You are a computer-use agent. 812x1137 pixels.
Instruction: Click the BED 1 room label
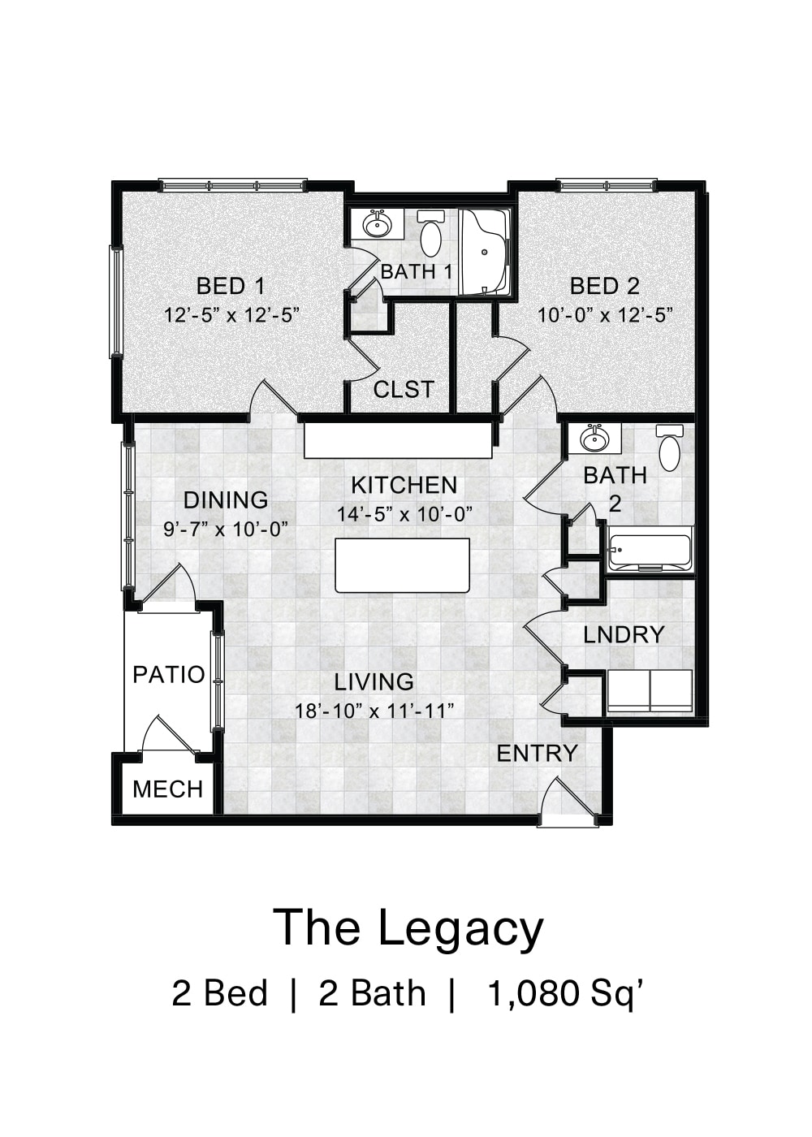[231, 286]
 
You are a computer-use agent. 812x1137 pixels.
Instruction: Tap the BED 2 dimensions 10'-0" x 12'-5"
[605, 315]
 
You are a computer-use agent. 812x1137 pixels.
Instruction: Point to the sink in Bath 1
[376, 223]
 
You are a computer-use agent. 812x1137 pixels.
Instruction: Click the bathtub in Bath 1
[484, 252]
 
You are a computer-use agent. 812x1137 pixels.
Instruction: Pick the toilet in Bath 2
[670, 448]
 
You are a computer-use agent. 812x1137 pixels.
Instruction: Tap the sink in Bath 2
[594, 439]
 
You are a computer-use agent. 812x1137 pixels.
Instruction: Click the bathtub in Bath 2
[650, 550]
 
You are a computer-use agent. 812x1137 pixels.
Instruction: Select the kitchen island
[403, 565]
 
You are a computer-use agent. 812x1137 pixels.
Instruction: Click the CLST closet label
[404, 390]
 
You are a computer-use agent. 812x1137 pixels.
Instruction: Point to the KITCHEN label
[404, 485]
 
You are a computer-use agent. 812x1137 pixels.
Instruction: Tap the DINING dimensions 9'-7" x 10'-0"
[226, 530]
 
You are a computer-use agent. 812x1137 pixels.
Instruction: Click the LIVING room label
[374, 681]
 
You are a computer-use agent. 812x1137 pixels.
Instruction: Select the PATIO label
[168, 674]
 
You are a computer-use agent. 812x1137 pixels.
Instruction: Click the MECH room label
[167, 789]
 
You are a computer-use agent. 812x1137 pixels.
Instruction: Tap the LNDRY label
[624, 634]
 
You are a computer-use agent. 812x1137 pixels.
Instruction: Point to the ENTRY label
[537, 754]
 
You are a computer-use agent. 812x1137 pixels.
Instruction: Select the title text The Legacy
[408, 927]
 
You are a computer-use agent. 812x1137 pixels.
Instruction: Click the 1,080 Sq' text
[567, 993]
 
